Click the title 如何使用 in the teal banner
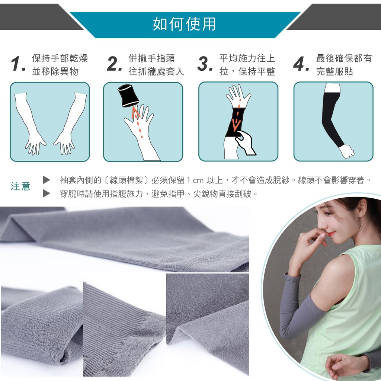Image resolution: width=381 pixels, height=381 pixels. coord(184,24)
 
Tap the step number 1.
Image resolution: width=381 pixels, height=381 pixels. coord(18,64)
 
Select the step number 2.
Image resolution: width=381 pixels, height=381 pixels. coord(114,64)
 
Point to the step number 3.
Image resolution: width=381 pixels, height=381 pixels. coord(205,64)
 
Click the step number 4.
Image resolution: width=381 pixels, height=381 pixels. coord(301,64)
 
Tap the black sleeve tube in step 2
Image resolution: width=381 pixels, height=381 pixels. coord(128,96)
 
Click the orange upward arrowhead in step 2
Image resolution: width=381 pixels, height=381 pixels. coord(135,112)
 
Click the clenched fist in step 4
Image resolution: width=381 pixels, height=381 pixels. coord(347,151)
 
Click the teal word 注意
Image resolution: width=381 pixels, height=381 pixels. coord(20,186)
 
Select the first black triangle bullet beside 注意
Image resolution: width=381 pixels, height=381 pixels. coord(47,180)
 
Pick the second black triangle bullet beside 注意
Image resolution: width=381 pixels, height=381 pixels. coord(47,193)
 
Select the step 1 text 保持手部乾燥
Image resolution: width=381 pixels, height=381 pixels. coord(60,58)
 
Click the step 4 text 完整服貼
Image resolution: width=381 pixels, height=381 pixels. coord(334,71)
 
